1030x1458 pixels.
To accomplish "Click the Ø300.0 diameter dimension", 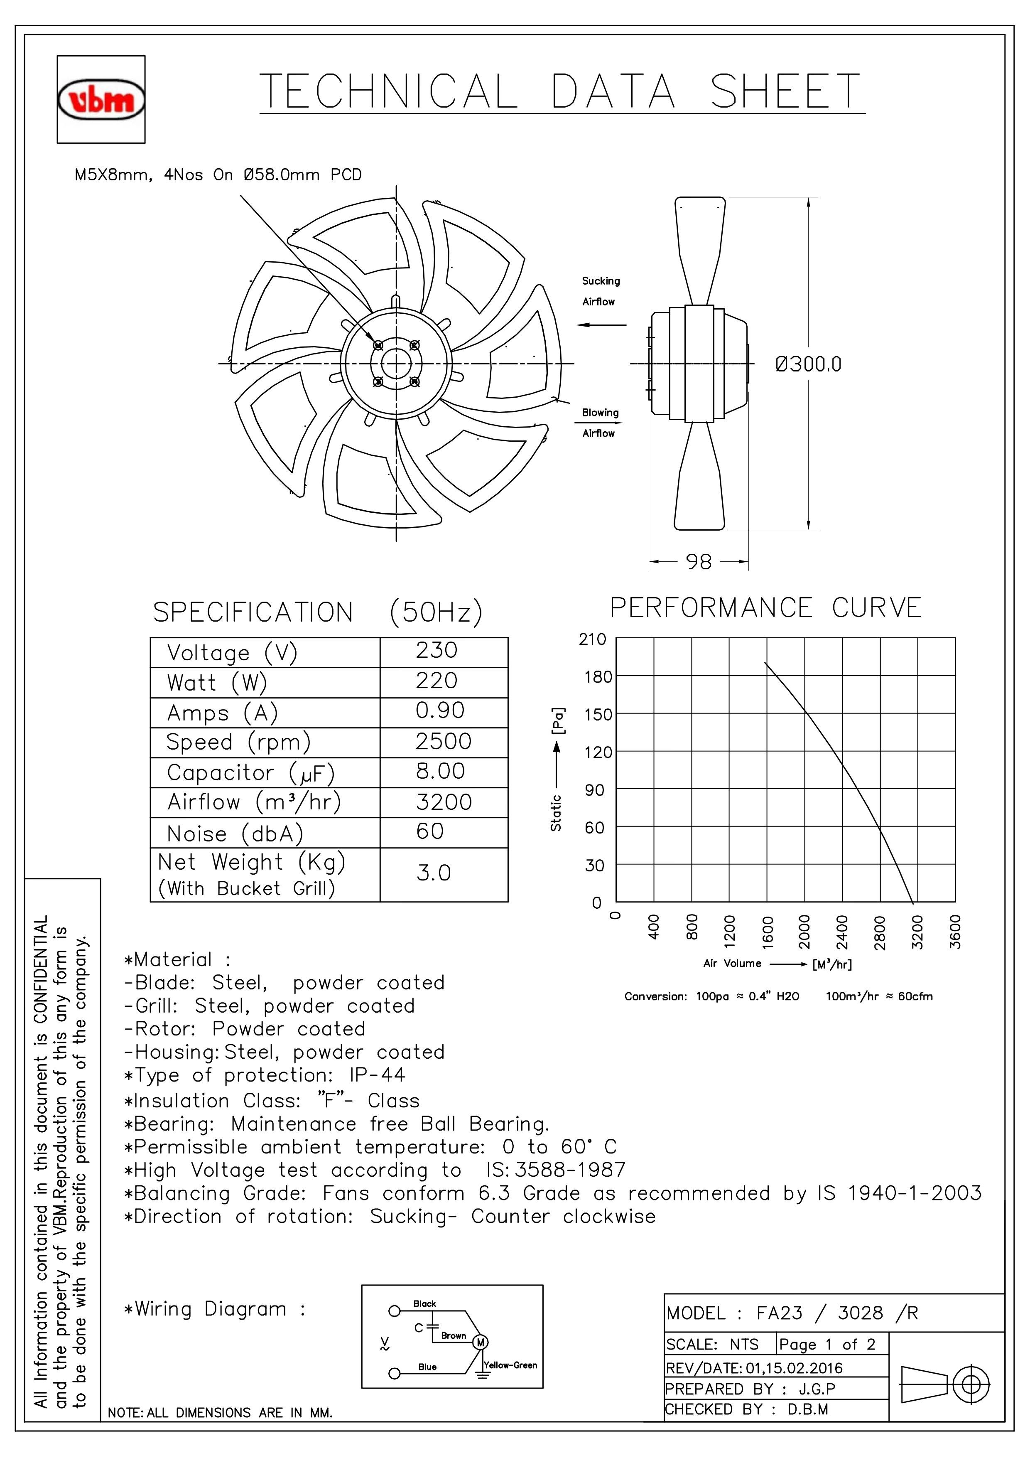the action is (x=808, y=364).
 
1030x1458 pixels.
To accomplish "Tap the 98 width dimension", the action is (x=699, y=562).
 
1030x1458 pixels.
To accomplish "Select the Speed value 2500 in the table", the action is (x=444, y=741).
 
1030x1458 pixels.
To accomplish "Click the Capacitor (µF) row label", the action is (x=251, y=773).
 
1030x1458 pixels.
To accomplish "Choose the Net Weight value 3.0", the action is (x=434, y=873).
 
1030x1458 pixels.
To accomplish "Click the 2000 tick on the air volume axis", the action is (x=804, y=932).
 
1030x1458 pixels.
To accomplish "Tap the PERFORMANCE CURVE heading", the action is (x=765, y=608).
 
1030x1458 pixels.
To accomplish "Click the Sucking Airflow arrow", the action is (x=601, y=325).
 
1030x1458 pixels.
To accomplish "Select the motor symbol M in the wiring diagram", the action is (x=481, y=1342).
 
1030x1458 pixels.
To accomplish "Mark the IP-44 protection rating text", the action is (x=377, y=1075).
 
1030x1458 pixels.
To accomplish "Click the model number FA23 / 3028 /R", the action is (x=837, y=1313).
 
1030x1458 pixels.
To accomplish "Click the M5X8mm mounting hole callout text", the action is (x=218, y=175).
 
